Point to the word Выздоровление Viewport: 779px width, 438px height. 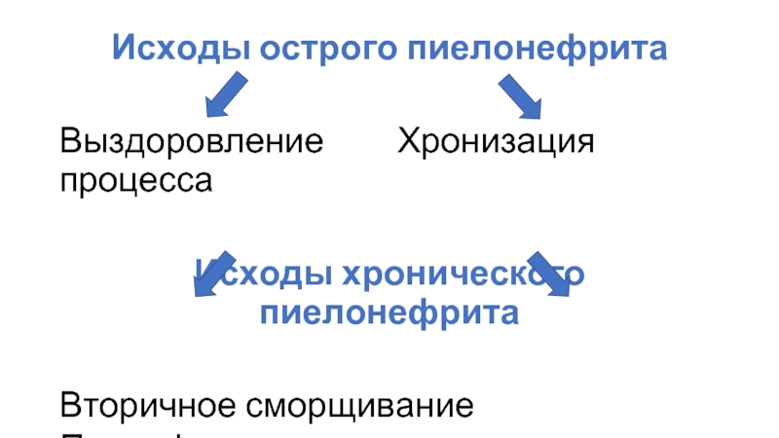(x=192, y=143)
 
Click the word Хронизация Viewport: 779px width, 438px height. (x=495, y=143)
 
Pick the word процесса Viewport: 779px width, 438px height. (x=136, y=179)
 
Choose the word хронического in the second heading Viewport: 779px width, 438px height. (x=461, y=275)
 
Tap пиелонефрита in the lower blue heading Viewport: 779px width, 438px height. (x=389, y=313)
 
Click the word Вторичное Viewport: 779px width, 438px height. (x=162, y=404)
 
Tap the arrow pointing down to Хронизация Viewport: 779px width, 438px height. (x=525, y=96)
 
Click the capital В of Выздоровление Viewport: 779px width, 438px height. (x=70, y=143)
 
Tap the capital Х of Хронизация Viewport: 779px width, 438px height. (x=407, y=143)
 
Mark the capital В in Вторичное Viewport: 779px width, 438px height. (x=70, y=404)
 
